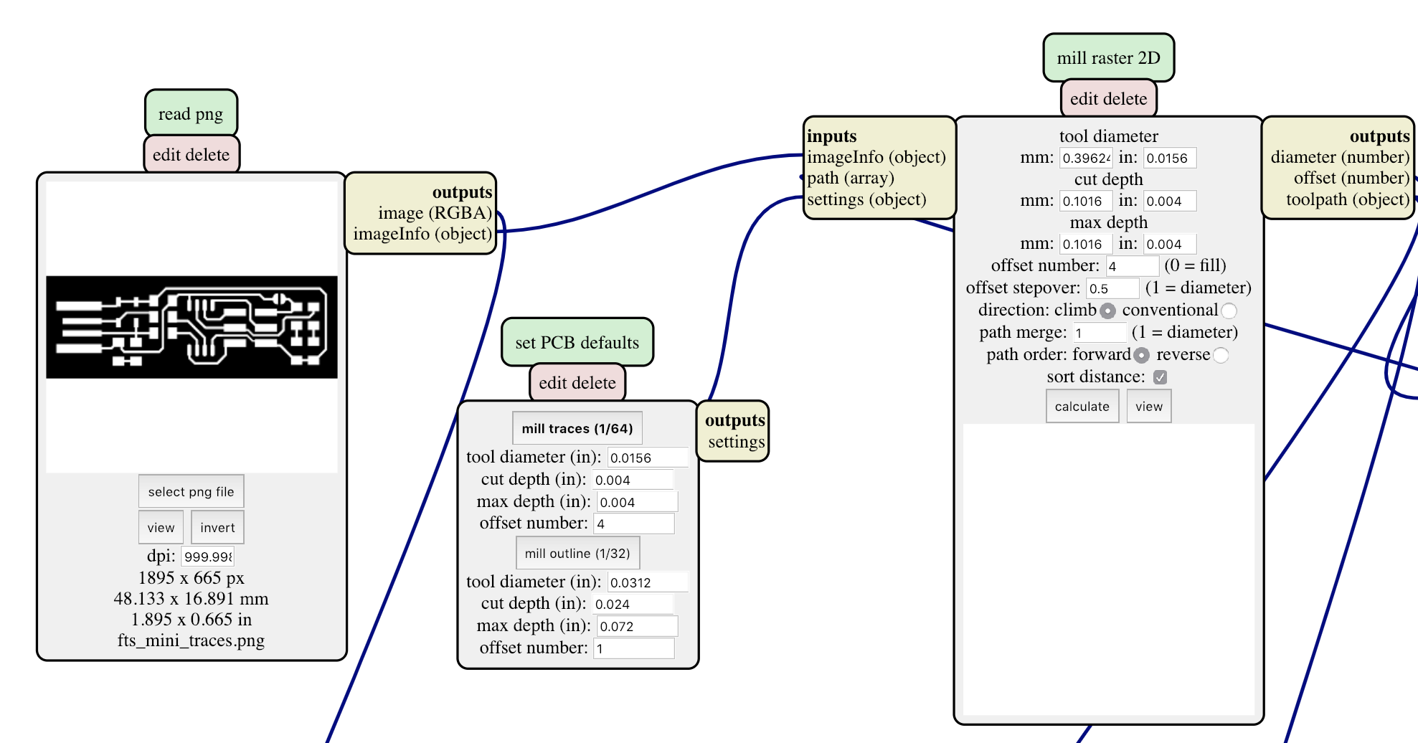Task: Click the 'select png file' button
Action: click(x=191, y=491)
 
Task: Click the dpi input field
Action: click(x=207, y=557)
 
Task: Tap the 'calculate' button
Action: click(x=1082, y=406)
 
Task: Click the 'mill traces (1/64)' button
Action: click(x=577, y=428)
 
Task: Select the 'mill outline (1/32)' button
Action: click(x=577, y=553)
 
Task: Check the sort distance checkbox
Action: click(x=1160, y=377)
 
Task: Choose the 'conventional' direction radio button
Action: click(x=1229, y=311)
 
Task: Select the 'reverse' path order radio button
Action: click(x=1221, y=355)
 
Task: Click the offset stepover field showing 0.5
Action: click(x=1112, y=288)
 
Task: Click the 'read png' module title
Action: click(x=191, y=113)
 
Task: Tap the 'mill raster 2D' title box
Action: click(x=1108, y=57)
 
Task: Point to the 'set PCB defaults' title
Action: click(x=577, y=342)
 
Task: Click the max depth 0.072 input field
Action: click(x=637, y=626)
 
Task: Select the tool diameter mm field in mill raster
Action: click(x=1086, y=158)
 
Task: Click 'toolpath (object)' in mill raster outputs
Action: click(x=1348, y=199)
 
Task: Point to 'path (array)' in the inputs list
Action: click(x=851, y=178)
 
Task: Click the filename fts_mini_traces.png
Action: click(x=191, y=640)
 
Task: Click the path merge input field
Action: click(x=1099, y=333)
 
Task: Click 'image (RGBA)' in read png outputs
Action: click(x=435, y=213)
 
